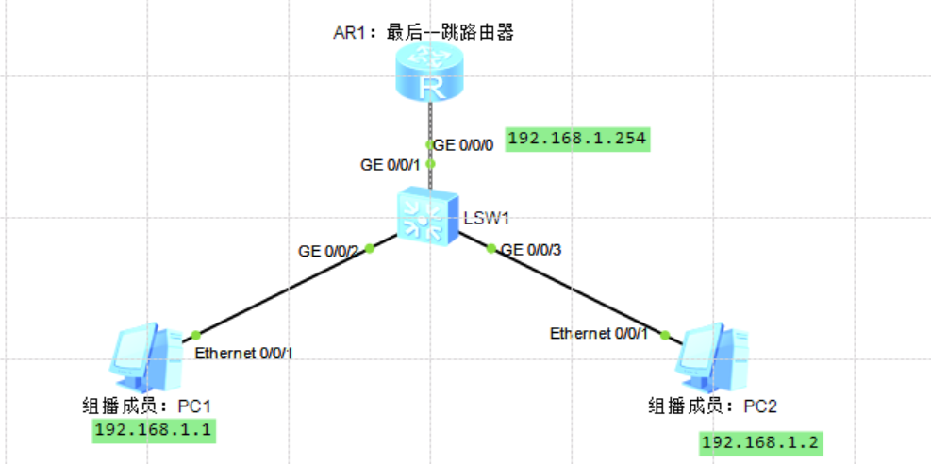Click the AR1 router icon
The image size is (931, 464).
pyautogui.click(x=431, y=75)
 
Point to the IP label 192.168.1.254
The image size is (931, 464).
pyautogui.click(x=577, y=139)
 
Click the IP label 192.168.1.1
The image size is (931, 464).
pyautogui.click(x=154, y=431)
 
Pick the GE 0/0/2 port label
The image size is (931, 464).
pyautogui.click(x=328, y=252)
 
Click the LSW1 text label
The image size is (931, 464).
pyautogui.click(x=487, y=219)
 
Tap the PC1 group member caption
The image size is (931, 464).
pyautogui.click(x=151, y=406)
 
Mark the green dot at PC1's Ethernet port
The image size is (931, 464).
pyautogui.click(x=196, y=335)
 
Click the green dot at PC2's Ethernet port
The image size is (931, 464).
pyautogui.click(x=665, y=335)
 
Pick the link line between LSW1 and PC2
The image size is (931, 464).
pyautogui.click(x=577, y=291)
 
